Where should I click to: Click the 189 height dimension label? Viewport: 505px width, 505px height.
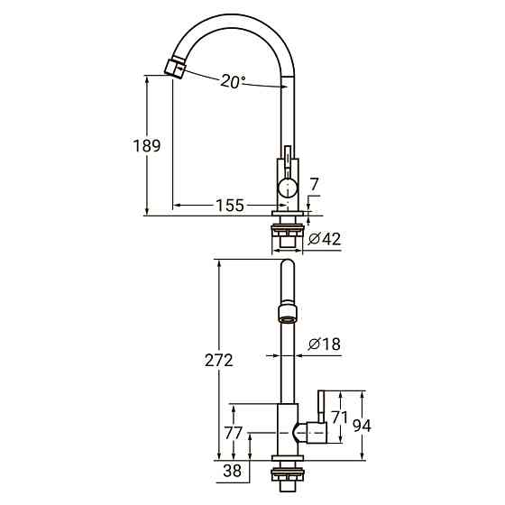[x=146, y=146]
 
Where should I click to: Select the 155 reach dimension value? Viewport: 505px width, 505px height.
[x=229, y=206]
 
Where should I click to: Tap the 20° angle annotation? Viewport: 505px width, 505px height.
[x=233, y=81]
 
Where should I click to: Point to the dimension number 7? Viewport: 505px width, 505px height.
[x=313, y=185]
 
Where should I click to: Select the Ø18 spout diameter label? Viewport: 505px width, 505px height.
[x=324, y=344]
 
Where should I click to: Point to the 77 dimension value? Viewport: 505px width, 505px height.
[x=232, y=434]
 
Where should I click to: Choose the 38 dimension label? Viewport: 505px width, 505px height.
[x=231, y=470]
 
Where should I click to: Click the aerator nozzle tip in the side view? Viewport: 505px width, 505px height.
[x=173, y=68]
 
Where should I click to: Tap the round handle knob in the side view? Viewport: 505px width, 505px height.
[x=286, y=188]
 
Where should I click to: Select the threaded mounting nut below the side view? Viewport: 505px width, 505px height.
[x=286, y=237]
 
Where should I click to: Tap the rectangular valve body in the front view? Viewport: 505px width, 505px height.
[x=286, y=433]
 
